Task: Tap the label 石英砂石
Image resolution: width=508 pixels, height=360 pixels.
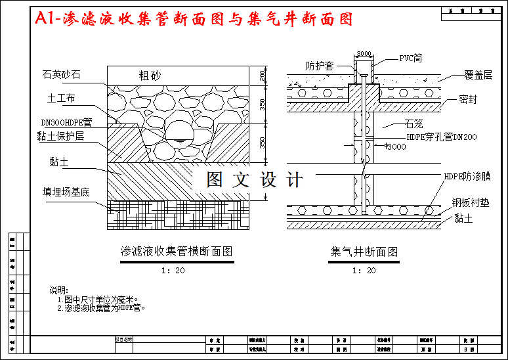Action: (x=62, y=75)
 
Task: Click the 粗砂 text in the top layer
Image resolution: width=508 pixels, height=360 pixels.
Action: (x=150, y=75)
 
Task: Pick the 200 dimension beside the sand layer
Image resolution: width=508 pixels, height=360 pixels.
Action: (x=264, y=76)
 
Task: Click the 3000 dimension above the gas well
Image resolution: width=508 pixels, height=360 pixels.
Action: (x=365, y=54)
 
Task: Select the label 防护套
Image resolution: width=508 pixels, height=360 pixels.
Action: (x=320, y=66)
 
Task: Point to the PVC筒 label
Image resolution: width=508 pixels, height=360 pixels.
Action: (x=410, y=58)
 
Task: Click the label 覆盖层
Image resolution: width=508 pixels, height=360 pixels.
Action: (x=478, y=76)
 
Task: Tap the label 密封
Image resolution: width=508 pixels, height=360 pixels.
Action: (x=469, y=100)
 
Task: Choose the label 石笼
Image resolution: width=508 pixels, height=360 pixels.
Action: (x=414, y=124)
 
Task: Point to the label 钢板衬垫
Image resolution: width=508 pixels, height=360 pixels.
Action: (x=471, y=203)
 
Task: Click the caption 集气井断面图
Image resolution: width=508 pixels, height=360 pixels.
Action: (x=364, y=252)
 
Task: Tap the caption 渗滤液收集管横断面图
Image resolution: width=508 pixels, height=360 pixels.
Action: (x=177, y=252)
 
